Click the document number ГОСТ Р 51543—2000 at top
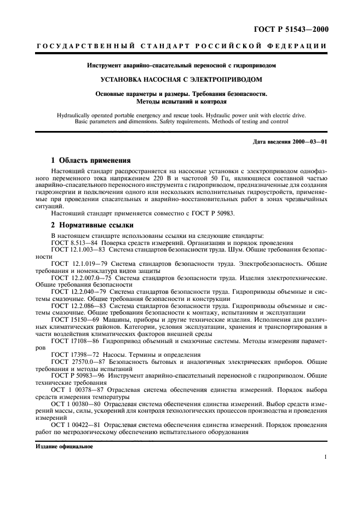pyautogui.click(x=299, y=29)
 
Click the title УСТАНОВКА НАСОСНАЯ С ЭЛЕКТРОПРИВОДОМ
pyautogui.click(x=181, y=79)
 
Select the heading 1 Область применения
pyautogui.click(x=90, y=161)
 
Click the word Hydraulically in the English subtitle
pyautogui.click(x=73, y=116)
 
